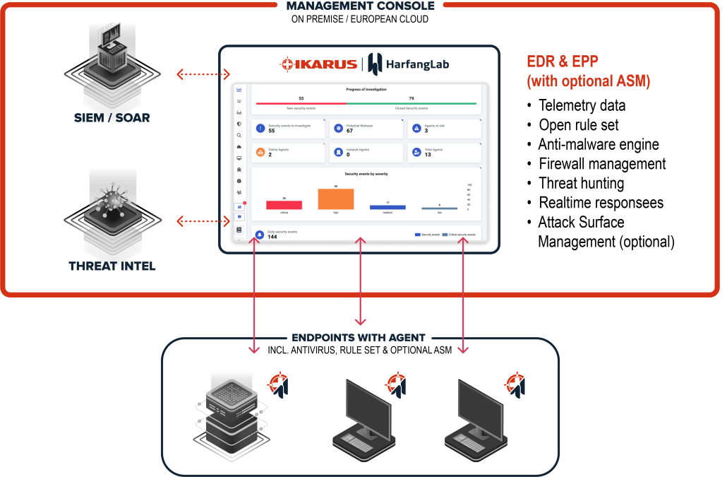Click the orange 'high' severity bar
point(336,199)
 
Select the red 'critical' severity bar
point(284,205)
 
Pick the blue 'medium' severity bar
point(387,207)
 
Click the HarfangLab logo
point(408,64)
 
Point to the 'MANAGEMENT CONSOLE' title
point(361,6)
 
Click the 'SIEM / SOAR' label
point(113,117)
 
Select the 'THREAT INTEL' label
point(112,266)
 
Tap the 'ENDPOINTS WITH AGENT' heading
point(359,338)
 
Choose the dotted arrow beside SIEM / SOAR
point(203,74)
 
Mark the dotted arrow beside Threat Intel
point(203,223)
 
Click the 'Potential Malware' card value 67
point(350,131)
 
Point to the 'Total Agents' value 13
point(428,154)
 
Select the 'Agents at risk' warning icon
point(416,129)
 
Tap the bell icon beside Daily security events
point(260,234)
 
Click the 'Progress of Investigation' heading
point(366,90)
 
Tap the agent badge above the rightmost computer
point(515,384)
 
